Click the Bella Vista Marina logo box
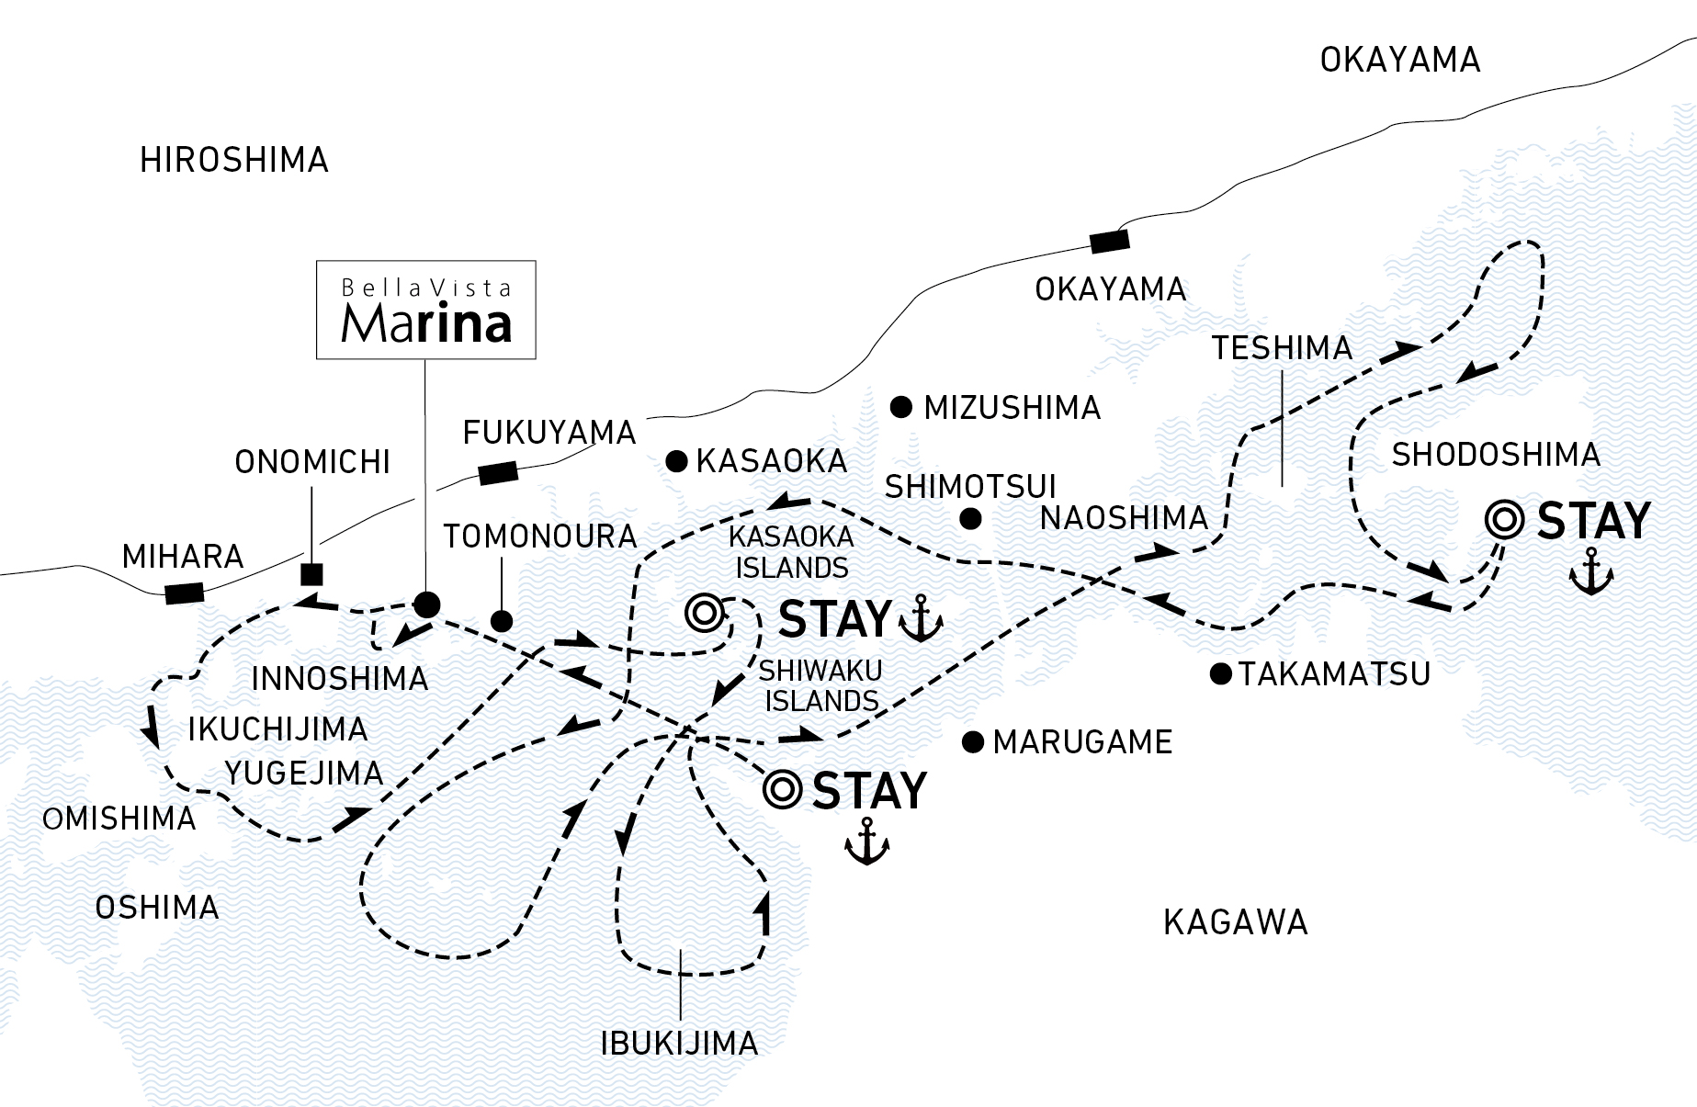pyautogui.click(x=425, y=311)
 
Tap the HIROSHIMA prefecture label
pyautogui.click(x=234, y=161)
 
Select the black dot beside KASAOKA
pyautogui.click(x=677, y=461)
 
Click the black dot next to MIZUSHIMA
pyautogui.click(x=902, y=406)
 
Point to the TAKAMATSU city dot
pyautogui.click(x=1220, y=674)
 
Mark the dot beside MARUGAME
pyautogui.click(x=973, y=741)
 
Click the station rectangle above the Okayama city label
pyautogui.click(x=1109, y=242)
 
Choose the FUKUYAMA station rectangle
pyautogui.click(x=498, y=474)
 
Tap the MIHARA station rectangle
pyautogui.click(x=185, y=593)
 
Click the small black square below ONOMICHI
pyautogui.click(x=312, y=575)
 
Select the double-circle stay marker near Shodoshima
pyautogui.click(x=1504, y=521)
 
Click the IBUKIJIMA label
pyautogui.click(x=679, y=1043)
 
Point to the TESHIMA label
pyautogui.click(x=1282, y=348)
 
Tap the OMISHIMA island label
pyautogui.click(x=119, y=819)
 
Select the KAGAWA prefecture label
pyautogui.click(x=1235, y=921)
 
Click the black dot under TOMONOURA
pyautogui.click(x=502, y=621)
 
